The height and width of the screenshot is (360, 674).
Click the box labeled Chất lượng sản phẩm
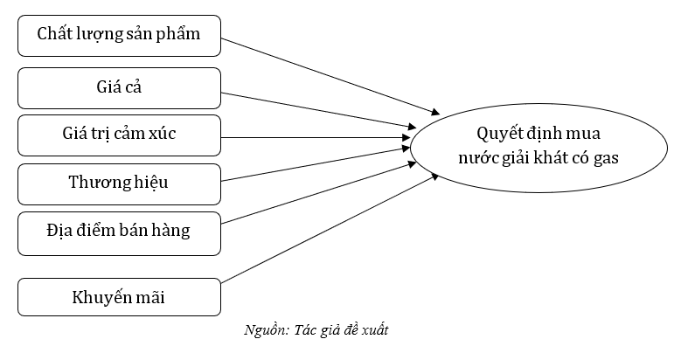coord(119,36)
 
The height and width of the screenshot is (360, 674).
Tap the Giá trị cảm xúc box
coord(119,135)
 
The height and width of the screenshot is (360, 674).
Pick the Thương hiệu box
coord(119,183)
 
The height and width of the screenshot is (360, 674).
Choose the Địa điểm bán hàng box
coord(119,232)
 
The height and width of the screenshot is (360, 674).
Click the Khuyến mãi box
coord(119,298)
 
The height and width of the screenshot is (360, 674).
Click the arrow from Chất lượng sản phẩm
coord(328,75)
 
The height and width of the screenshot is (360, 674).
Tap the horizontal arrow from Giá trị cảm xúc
coord(315,136)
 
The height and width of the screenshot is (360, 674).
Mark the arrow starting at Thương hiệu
coord(315,163)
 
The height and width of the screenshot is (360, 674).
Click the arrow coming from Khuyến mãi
coord(328,229)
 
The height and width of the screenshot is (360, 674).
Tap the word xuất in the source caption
coord(387,330)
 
